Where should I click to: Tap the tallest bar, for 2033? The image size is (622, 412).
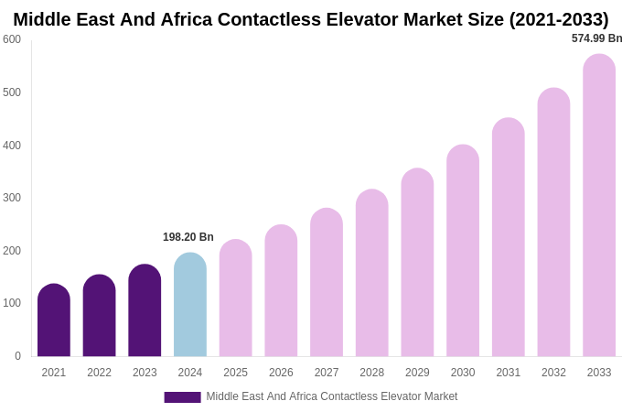[x=599, y=206]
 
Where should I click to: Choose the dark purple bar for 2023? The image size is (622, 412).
[x=145, y=310]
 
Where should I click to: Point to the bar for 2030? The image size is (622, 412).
[x=463, y=251]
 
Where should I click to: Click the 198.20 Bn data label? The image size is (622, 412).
[x=188, y=237]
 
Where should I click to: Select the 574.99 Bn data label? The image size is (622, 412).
[x=596, y=38]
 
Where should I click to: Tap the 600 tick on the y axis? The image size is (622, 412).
[x=12, y=39]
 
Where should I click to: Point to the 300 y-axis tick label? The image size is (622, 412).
[x=12, y=198]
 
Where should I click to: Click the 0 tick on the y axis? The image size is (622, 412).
[x=17, y=356]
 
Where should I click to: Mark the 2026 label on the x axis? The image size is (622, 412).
[x=281, y=373]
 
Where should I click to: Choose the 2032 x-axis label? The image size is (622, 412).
[x=553, y=373]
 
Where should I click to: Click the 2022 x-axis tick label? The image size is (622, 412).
[x=99, y=373]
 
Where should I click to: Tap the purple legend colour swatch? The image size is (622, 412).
[x=182, y=397]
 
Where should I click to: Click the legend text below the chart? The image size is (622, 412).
[x=331, y=396]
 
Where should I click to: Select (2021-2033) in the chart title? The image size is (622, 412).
[x=558, y=19]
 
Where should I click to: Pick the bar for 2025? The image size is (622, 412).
[x=235, y=298]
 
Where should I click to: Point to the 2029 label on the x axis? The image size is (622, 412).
[x=417, y=373]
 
